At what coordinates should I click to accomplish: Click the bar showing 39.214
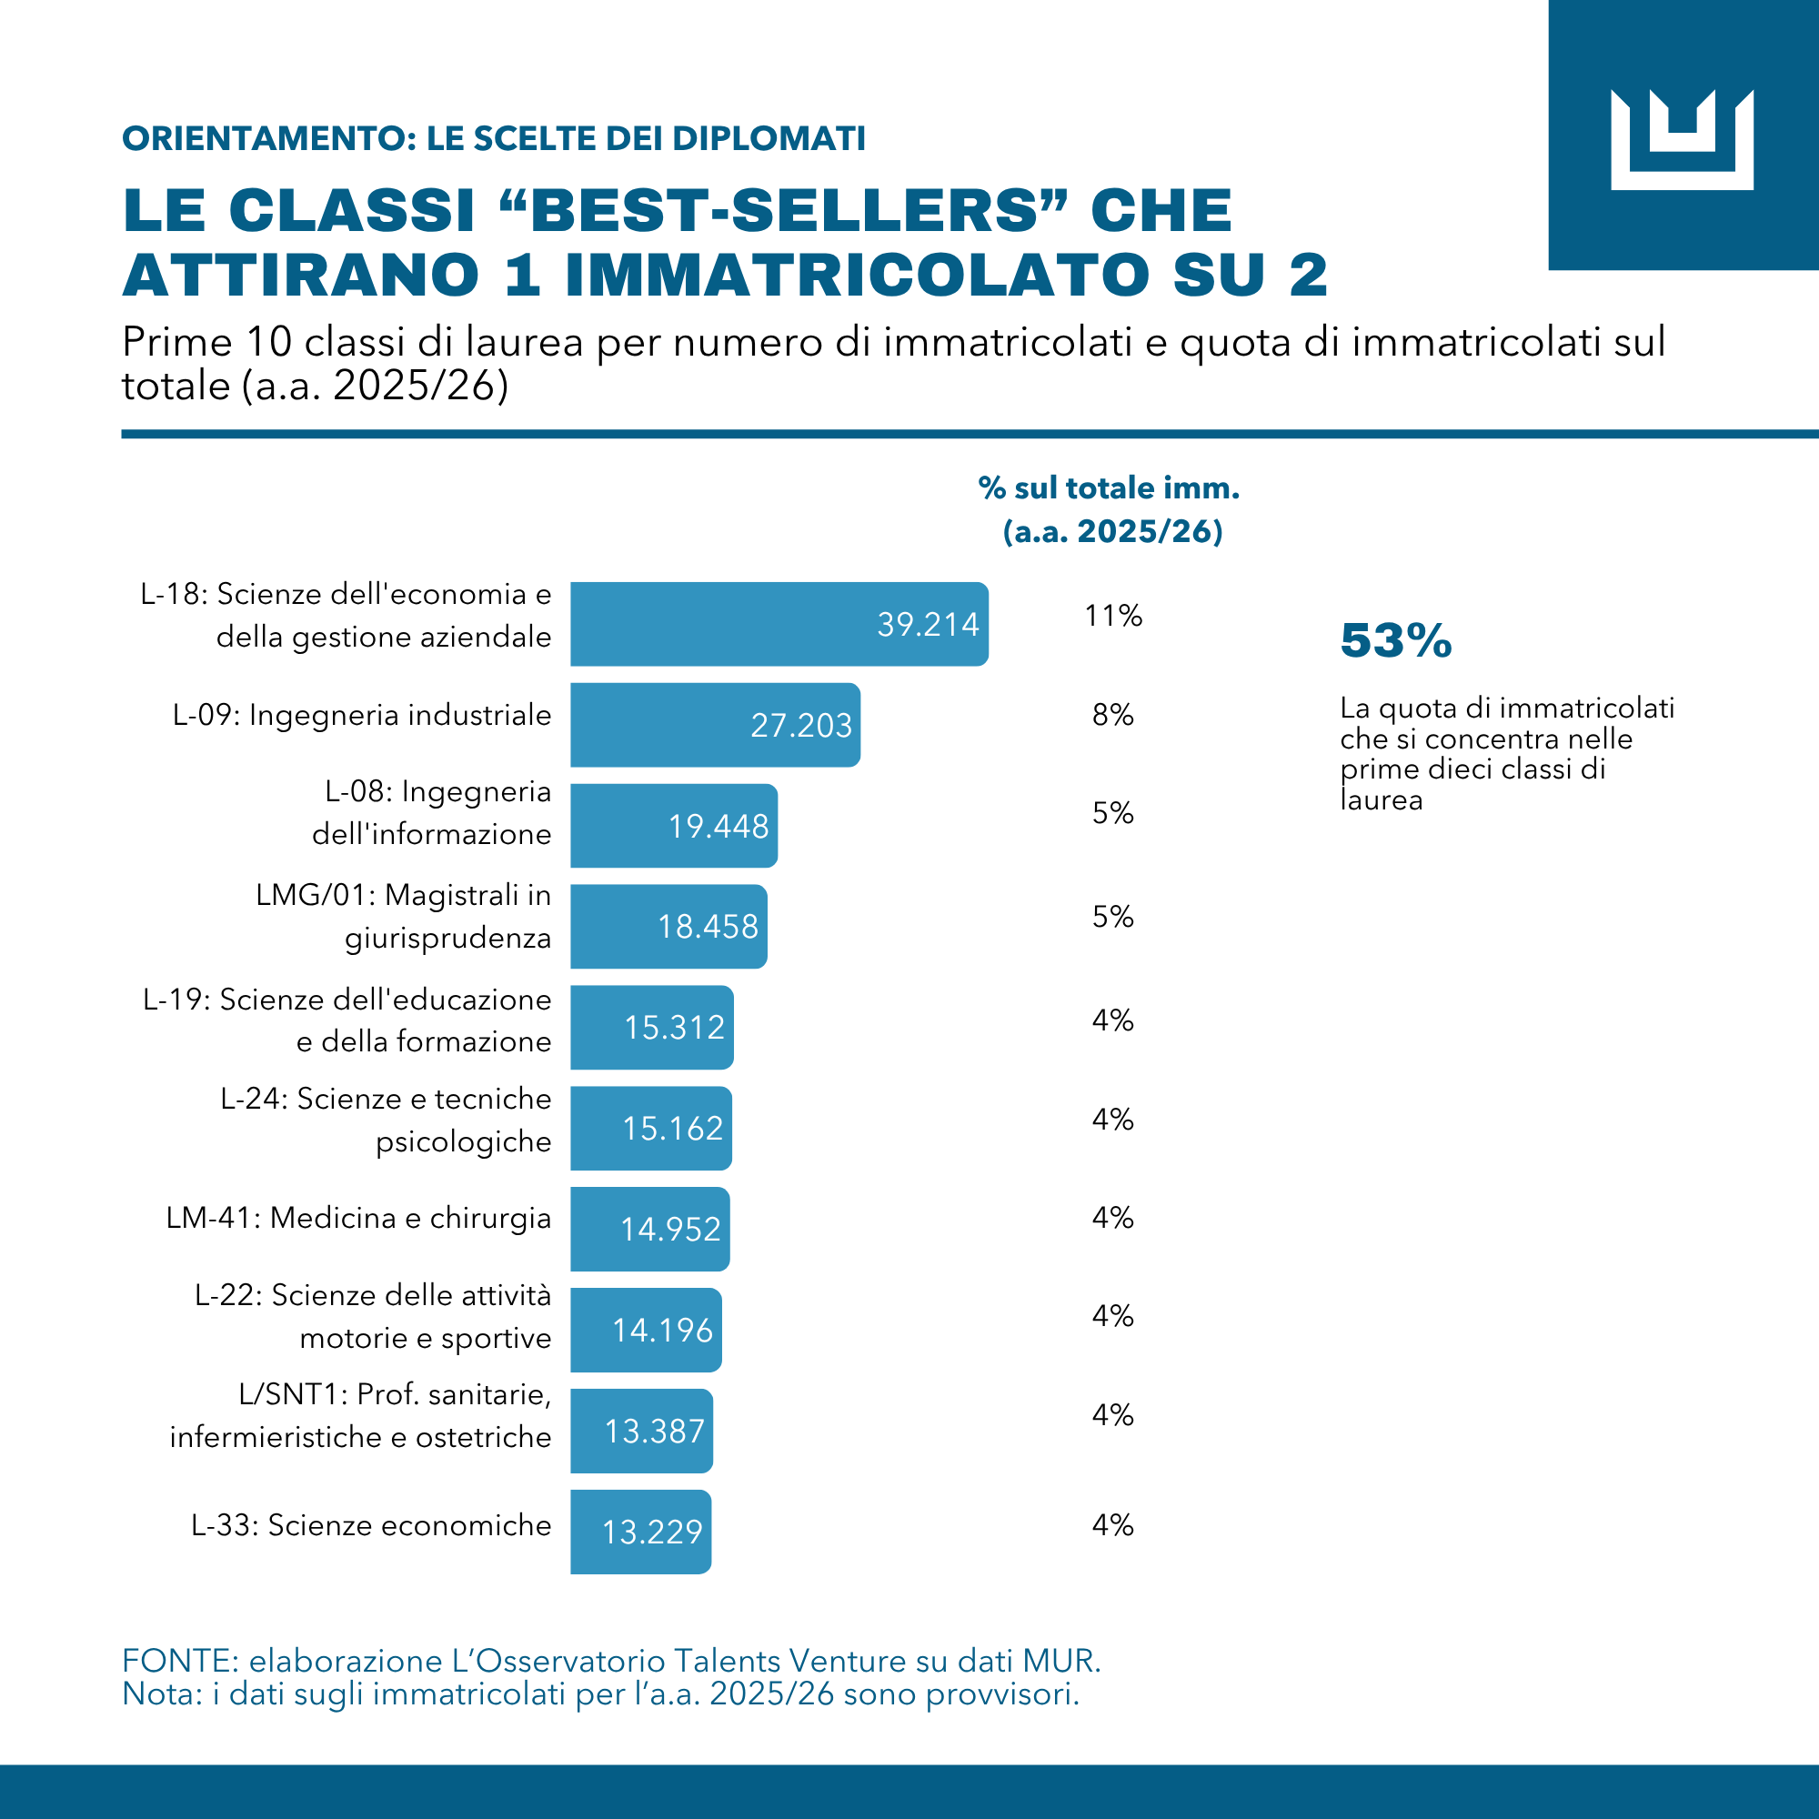point(779,624)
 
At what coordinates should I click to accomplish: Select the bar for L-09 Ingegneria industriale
point(716,725)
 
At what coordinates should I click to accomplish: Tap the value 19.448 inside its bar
point(719,827)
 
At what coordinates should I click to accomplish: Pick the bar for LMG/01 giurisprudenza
point(668,927)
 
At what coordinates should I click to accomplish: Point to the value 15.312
point(674,1027)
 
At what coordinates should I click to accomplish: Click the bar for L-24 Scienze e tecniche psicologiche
point(650,1128)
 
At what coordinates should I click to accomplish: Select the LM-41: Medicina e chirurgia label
point(358,1219)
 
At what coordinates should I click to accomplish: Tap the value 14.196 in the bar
point(663,1331)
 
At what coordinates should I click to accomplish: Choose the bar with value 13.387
point(641,1431)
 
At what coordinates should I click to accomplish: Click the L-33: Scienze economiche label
point(371,1525)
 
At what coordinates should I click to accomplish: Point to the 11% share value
point(1113,616)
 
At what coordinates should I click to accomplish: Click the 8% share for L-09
point(1113,716)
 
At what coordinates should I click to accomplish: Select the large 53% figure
point(1396,641)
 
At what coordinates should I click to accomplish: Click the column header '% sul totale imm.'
point(1109,487)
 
